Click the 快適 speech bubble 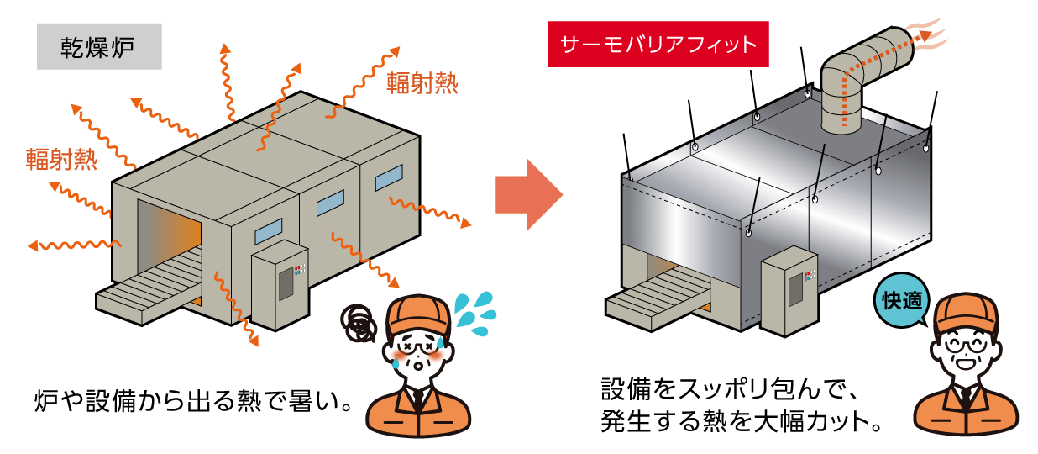[902, 299]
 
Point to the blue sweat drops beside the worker [476, 313]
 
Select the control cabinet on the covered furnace [790, 285]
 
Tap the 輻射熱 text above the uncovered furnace [422, 82]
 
